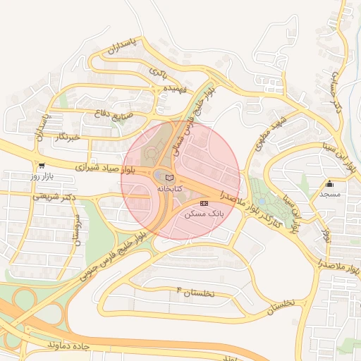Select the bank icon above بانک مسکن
204,203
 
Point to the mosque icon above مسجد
329,183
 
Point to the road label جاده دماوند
71,345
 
